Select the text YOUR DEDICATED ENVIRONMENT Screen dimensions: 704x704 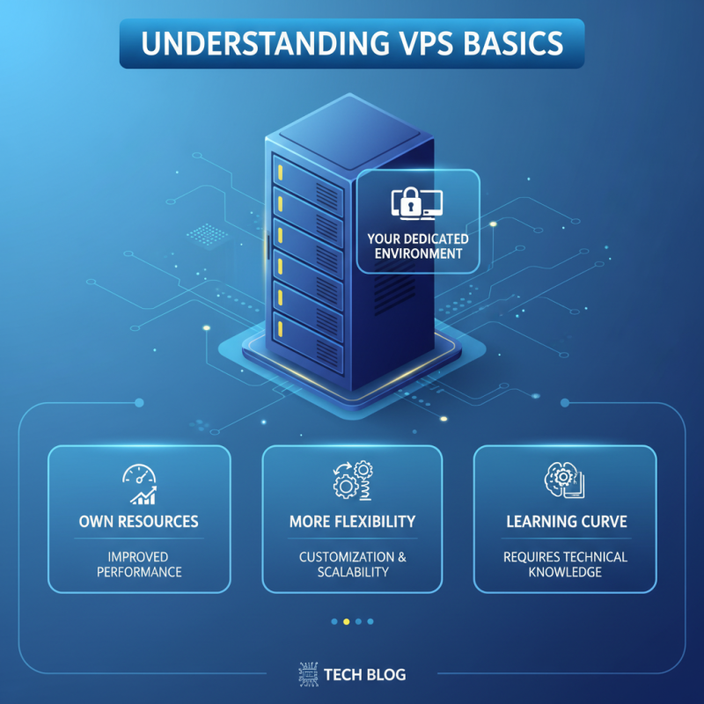[x=418, y=246]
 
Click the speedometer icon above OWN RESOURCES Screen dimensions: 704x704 [x=138, y=483]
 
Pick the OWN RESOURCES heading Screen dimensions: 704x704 [x=138, y=522]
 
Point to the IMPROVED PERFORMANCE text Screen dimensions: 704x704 [x=138, y=564]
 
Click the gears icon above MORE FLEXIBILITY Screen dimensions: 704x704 [x=352, y=482]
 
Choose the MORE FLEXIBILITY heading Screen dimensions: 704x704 [x=352, y=522]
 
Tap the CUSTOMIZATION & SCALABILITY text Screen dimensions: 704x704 [x=352, y=564]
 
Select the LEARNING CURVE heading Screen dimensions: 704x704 [x=566, y=522]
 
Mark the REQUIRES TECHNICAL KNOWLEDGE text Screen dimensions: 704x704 [x=565, y=564]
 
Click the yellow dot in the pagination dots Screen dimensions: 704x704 [x=346, y=621]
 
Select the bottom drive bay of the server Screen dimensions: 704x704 [x=307, y=334]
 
